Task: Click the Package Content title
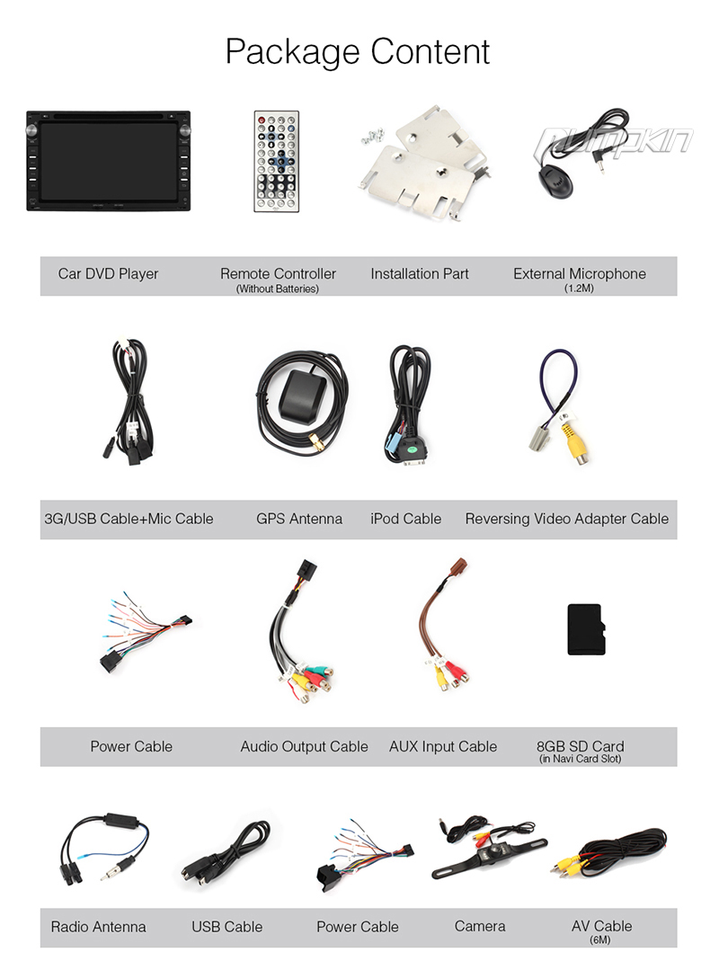[358, 51]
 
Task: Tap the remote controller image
[276, 162]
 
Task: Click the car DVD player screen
[109, 160]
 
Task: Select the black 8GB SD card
[584, 629]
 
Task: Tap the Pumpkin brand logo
[615, 140]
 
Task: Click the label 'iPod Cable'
[405, 519]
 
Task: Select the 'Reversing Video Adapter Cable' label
[567, 519]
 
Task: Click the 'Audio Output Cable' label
[304, 747]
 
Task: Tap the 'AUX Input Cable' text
[443, 747]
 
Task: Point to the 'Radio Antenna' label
[98, 927]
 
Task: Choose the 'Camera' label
[480, 926]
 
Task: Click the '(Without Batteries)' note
[278, 289]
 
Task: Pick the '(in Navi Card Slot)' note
[580, 759]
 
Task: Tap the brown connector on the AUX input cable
[458, 566]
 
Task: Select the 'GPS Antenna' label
[299, 519]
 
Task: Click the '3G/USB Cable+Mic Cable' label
[129, 519]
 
